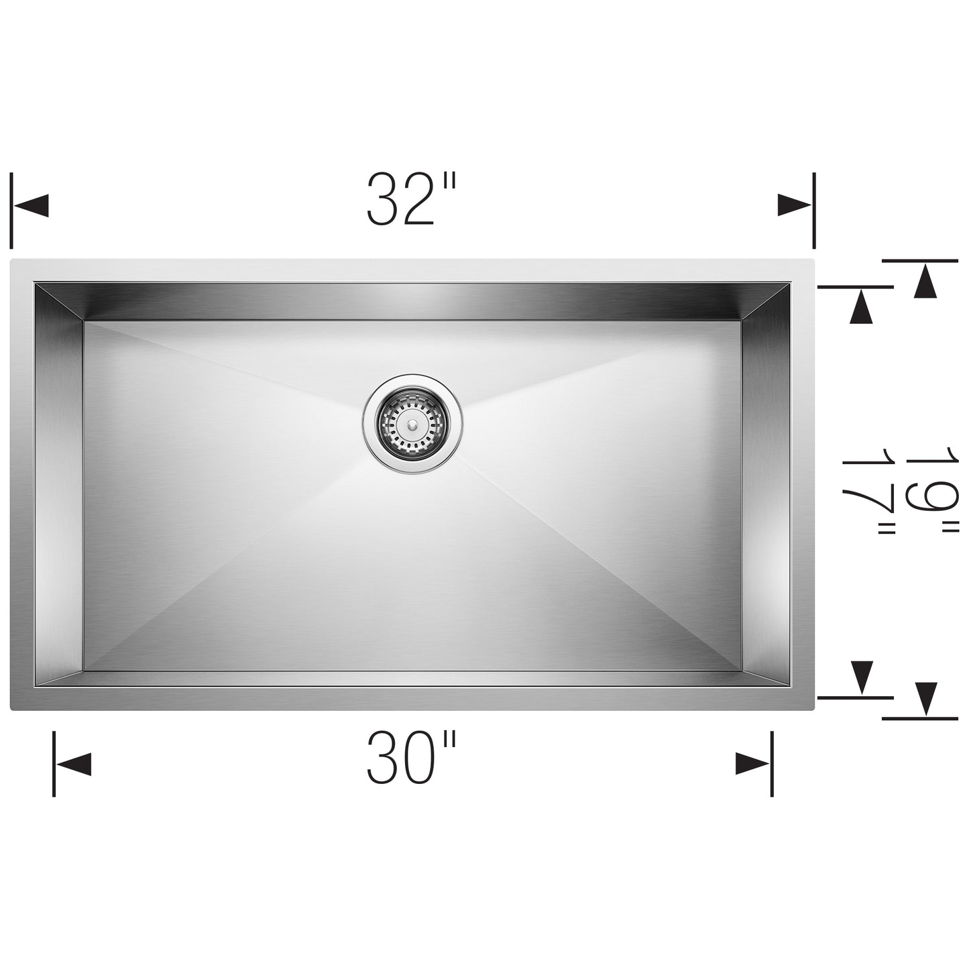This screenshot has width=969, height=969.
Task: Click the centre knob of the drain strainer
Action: click(411, 424)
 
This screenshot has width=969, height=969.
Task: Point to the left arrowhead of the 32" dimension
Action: click(31, 205)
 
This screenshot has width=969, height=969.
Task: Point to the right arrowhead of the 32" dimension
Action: click(795, 205)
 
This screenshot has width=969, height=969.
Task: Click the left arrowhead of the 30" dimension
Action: click(72, 764)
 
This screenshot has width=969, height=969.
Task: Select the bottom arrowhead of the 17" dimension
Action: click(861, 675)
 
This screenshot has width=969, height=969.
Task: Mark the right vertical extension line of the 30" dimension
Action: click(772, 763)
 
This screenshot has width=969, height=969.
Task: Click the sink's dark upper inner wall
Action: click(412, 301)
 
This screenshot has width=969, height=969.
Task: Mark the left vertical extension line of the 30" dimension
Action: click(54, 763)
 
